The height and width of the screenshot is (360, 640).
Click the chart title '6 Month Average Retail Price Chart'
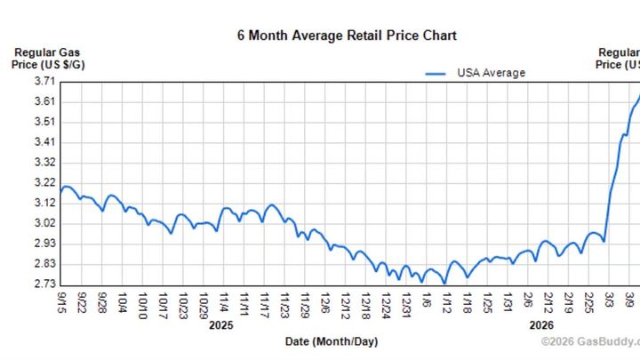[347, 36]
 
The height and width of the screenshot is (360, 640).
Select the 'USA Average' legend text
[491, 73]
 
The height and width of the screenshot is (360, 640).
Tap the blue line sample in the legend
[436, 74]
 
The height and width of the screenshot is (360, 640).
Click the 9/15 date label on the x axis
[61, 302]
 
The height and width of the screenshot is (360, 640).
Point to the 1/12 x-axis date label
[445, 302]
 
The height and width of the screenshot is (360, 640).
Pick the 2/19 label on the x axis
[569, 302]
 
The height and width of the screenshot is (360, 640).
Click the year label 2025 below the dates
[220, 326]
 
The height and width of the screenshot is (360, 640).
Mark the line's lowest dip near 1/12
[444, 283]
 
